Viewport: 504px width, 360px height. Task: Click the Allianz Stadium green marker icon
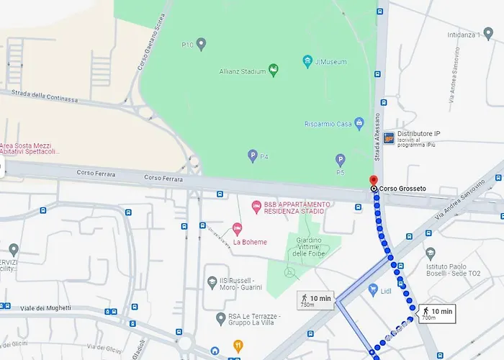pos(274,70)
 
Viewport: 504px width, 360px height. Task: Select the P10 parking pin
pos(202,44)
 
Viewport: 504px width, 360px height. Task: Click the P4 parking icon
pos(253,155)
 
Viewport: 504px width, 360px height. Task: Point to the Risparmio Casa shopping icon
pos(359,123)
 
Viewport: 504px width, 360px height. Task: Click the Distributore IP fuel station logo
pos(389,138)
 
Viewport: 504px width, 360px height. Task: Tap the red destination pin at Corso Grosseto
pos(373,180)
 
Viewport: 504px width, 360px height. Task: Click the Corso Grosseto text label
pos(402,189)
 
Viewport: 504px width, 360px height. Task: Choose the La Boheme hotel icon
pos(237,230)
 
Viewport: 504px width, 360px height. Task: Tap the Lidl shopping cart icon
pos(373,289)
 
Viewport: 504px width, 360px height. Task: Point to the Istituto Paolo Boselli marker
pos(431,253)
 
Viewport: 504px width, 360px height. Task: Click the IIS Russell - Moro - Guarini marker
pos(212,282)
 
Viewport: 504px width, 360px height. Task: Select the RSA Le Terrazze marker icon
pos(221,318)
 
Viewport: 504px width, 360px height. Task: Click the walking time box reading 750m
pos(315,300)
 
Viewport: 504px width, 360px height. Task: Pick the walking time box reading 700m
pos(437,313)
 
